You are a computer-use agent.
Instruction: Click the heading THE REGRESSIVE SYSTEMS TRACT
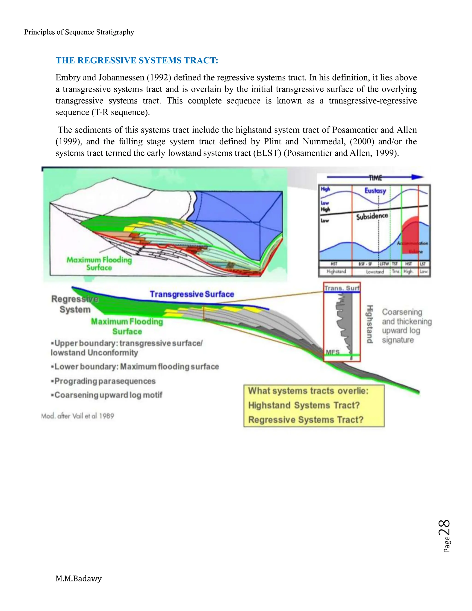click(137, 60)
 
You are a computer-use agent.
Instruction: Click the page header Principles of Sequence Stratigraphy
click(79, 32)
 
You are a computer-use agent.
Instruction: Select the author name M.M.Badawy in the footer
click(79, 578)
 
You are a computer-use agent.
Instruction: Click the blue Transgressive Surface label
click(192, 294)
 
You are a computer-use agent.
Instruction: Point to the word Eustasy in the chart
click(375, 191)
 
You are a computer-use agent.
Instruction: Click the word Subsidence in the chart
click(372, 216)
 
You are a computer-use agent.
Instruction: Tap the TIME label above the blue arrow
click(375, 178)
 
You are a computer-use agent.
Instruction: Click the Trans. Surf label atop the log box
click(342, 288)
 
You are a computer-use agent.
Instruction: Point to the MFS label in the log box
click(333, 352)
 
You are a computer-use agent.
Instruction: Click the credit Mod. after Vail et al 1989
click(78, 416)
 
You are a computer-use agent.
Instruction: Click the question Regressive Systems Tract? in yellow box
click(306, 420)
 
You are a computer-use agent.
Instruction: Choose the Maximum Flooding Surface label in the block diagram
click(99, 264)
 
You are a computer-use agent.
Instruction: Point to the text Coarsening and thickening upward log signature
click(406, 326)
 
